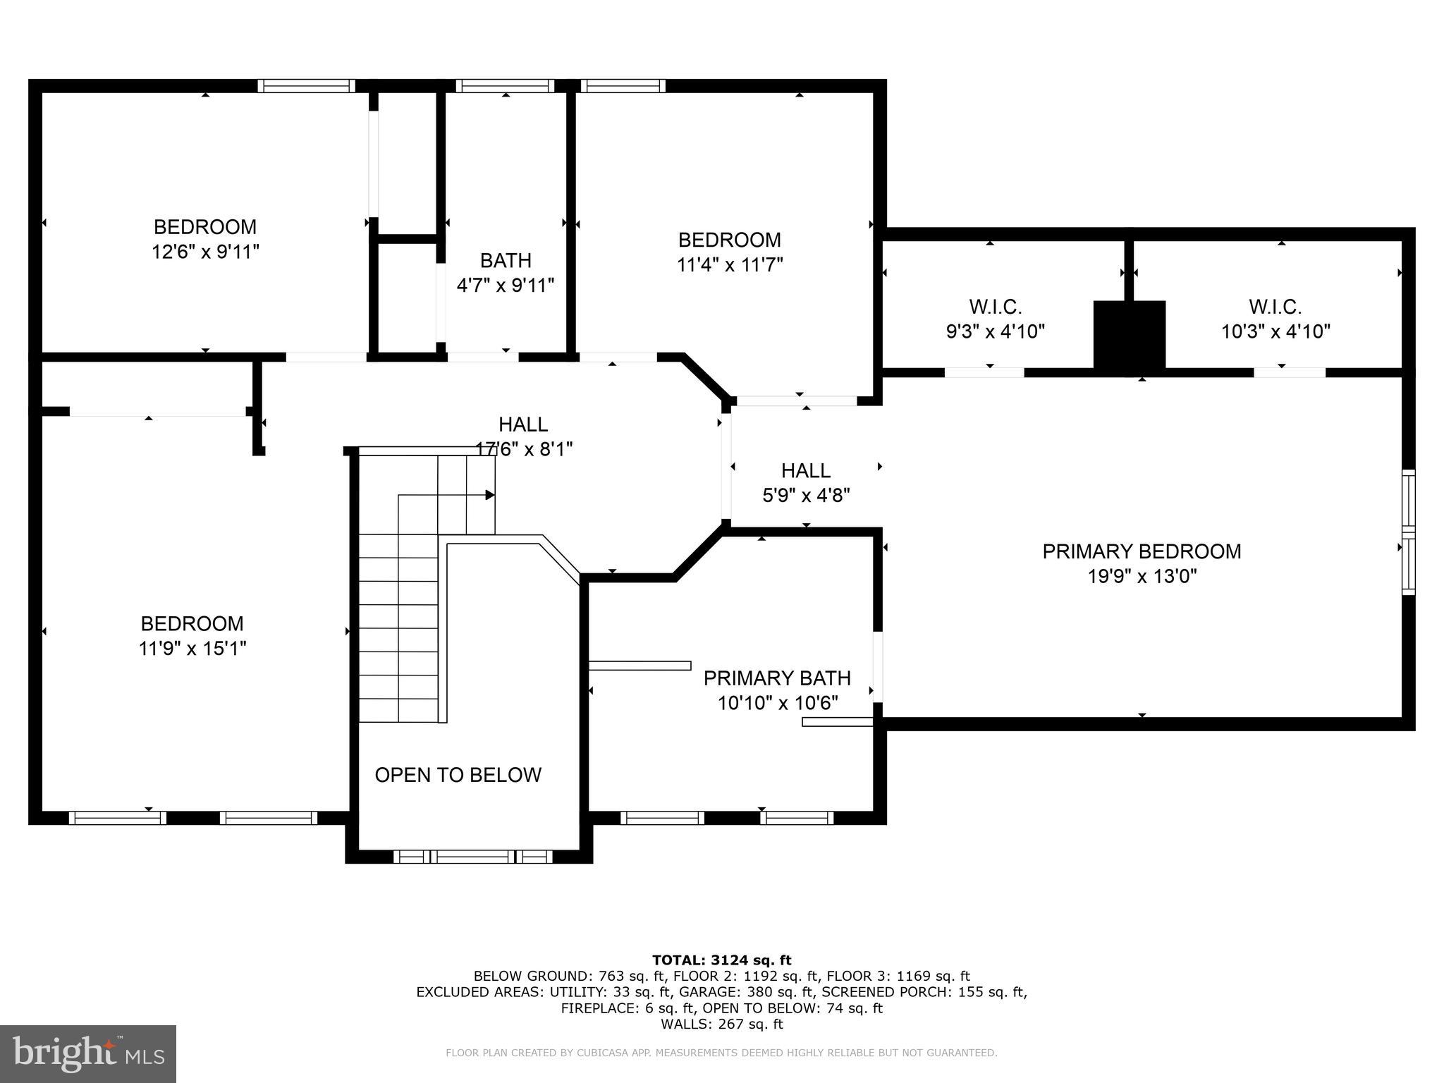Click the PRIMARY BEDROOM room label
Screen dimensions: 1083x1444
coord(1142,551)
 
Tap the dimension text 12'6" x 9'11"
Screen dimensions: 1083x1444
coord(205,252)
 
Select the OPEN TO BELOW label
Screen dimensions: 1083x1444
coord(458,775)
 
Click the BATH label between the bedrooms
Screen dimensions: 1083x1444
coord(506,261)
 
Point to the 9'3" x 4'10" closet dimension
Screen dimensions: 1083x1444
coord(995,331)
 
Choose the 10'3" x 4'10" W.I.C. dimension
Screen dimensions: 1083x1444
coord(1275,331)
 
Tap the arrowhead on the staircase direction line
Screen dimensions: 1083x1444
coord(489,495)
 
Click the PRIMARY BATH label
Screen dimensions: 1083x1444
coord(777,678)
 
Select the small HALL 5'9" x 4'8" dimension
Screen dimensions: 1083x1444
coord(806,496)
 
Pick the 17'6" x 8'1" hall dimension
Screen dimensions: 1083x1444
coord(524,448)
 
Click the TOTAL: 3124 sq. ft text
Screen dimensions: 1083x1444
coord(721,960)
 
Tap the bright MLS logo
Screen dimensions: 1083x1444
coord(88,1053)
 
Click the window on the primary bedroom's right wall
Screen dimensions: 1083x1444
coord(1408,532)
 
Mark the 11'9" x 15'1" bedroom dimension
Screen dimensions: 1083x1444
coord(192,648)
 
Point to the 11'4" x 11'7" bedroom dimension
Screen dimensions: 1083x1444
coord(730,264)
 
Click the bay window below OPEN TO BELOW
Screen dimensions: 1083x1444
coord(472,857)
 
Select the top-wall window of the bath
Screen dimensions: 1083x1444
coord(505,86)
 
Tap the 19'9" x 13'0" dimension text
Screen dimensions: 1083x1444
coord(1142,577)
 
